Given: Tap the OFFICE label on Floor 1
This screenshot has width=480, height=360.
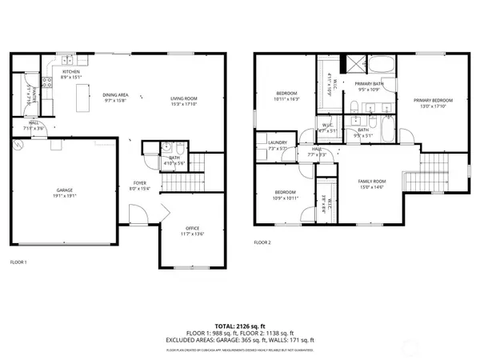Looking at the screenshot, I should [x=193, y=230].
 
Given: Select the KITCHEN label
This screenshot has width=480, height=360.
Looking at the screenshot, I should [x=71, y=72].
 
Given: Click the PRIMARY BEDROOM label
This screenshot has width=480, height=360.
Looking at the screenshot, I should [x=433, y=100].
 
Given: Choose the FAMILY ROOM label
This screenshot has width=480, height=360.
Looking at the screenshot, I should [x=370, y=182].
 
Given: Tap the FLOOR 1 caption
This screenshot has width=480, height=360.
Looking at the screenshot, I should [x=18, y=262].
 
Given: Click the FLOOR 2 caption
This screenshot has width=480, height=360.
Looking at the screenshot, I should [x=262, y=242].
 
